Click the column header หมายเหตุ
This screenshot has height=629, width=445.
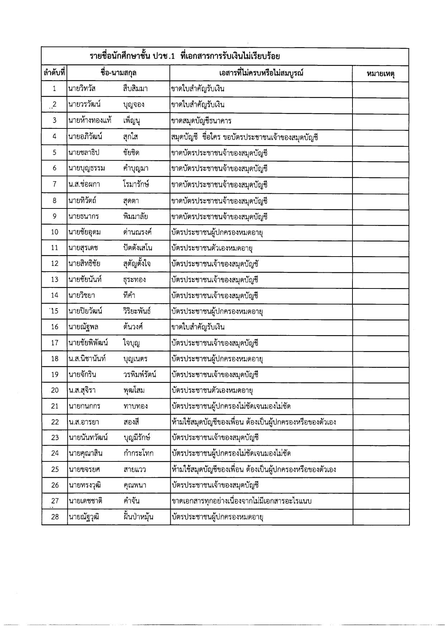point(380,74)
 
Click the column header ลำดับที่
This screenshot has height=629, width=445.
point(54,73)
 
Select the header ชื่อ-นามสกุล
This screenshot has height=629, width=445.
point(118,73)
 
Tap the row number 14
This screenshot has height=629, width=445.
point(55,295)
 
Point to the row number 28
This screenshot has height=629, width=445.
point(55,517)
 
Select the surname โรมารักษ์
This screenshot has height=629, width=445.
point(136,184)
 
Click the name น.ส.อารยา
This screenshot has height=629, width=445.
point(84,422)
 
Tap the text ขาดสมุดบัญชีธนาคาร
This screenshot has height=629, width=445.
point(201,121)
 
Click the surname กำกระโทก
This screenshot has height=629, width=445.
point(138,454)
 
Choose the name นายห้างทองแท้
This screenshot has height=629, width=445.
point(90,121)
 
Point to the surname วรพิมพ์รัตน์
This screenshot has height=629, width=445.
point(139,375)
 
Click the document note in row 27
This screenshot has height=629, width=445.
point(242,501)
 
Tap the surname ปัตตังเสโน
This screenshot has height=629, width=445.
point(137,248)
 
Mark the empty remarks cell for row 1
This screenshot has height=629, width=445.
point(380,89)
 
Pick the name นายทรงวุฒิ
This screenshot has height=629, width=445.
point(85,485)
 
